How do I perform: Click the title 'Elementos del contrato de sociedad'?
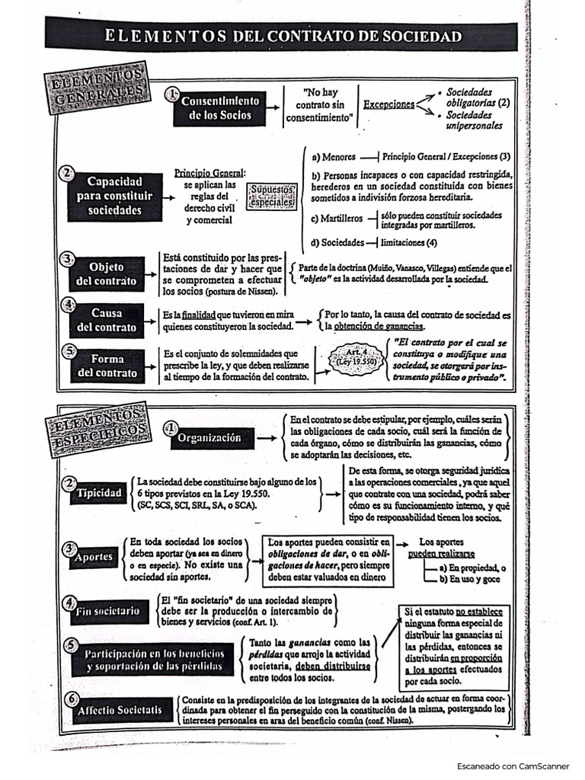(283, 35)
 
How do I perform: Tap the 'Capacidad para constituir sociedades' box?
(114, 197)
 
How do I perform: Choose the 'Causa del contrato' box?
(106, 321)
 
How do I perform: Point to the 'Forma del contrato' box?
(106, 366)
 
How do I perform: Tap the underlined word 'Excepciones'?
(388, 104)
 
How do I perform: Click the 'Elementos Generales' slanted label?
(96, 89)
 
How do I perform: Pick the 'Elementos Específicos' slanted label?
(97, 427)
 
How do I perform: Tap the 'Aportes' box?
(93, 556)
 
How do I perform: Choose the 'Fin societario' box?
(107, 610)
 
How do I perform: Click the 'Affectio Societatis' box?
(119, 710)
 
